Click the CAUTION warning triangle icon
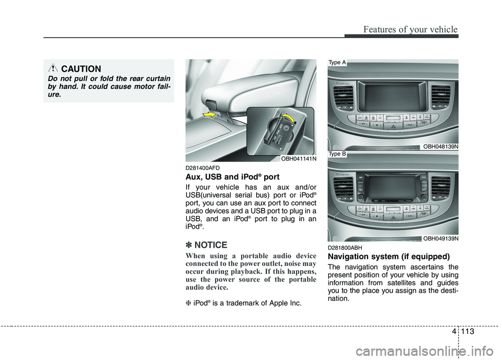54,69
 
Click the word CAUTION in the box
81,69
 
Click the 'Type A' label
337,62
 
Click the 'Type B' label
337,154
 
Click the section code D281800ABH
345,247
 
